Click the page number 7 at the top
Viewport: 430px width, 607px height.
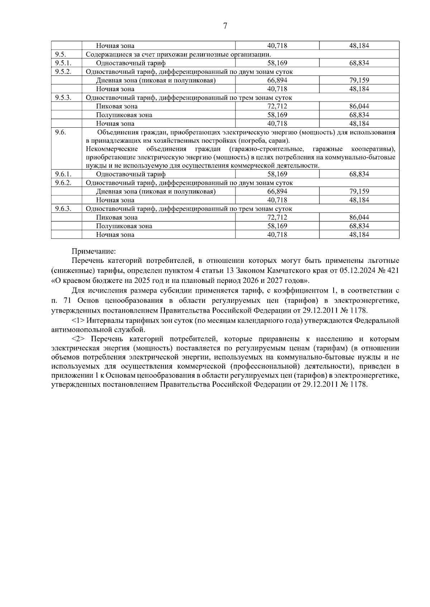[225, 26]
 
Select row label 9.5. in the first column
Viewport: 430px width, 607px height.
[60, 54]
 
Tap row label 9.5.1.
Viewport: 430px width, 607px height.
[63, 63]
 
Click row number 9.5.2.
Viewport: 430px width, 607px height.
[63, 72]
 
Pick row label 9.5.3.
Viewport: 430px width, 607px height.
[63, 98]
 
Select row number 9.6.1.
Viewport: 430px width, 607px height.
[63, 174]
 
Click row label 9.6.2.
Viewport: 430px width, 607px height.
[63, 183]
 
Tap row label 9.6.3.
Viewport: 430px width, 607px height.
[63, 209]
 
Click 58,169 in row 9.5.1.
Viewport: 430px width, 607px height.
[277, 63]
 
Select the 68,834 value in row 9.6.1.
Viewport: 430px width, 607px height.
[359, 174]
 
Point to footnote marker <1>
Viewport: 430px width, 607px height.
[78, 321]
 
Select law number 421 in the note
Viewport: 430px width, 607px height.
[393, 270]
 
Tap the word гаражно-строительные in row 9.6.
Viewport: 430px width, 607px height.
[266, 149]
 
